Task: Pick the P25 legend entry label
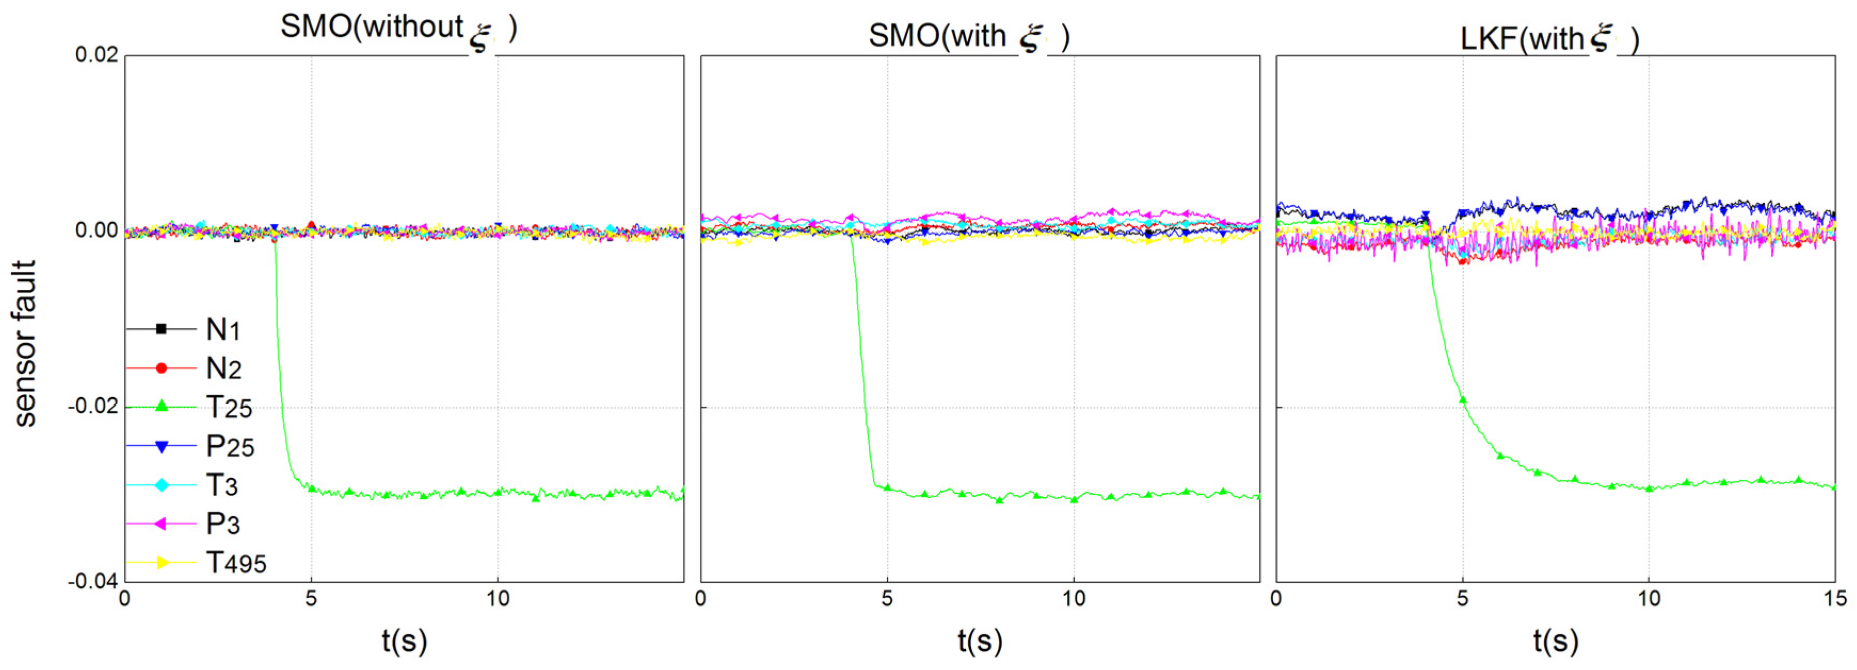tap(230, 447)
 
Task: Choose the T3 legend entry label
tap(222, 486)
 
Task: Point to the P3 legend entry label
tap(223, 524)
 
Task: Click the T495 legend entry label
tap(236, 563)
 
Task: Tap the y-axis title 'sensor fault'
tap(25, 344)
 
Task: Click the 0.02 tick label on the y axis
tap(97, 55)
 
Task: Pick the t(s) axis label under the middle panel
tap(980, 641)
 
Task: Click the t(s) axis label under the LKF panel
tap(1556, 641)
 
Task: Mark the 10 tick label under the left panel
tap(497, 598)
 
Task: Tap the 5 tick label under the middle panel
tap(887, 598)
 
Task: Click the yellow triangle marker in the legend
tap(162, 563)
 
